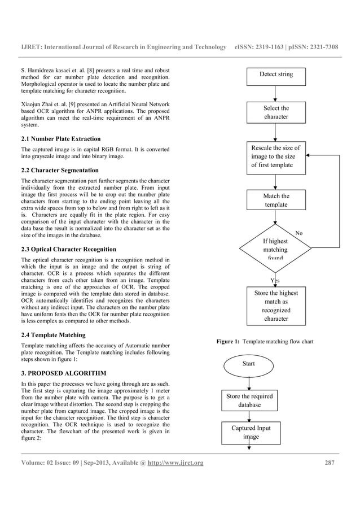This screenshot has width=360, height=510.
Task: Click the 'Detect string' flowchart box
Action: coord(276,75)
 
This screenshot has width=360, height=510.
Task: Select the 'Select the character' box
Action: coord(276,112)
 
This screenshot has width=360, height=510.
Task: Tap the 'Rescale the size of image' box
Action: coord(276,156)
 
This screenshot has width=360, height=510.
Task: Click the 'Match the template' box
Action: coord(276,200)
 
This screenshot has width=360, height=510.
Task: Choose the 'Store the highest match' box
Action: coord(276,306)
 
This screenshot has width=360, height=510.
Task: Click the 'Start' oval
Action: coord(248,364)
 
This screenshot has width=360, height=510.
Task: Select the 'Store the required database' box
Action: coord(249,400)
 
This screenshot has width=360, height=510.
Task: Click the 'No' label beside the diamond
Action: coord(299,233)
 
